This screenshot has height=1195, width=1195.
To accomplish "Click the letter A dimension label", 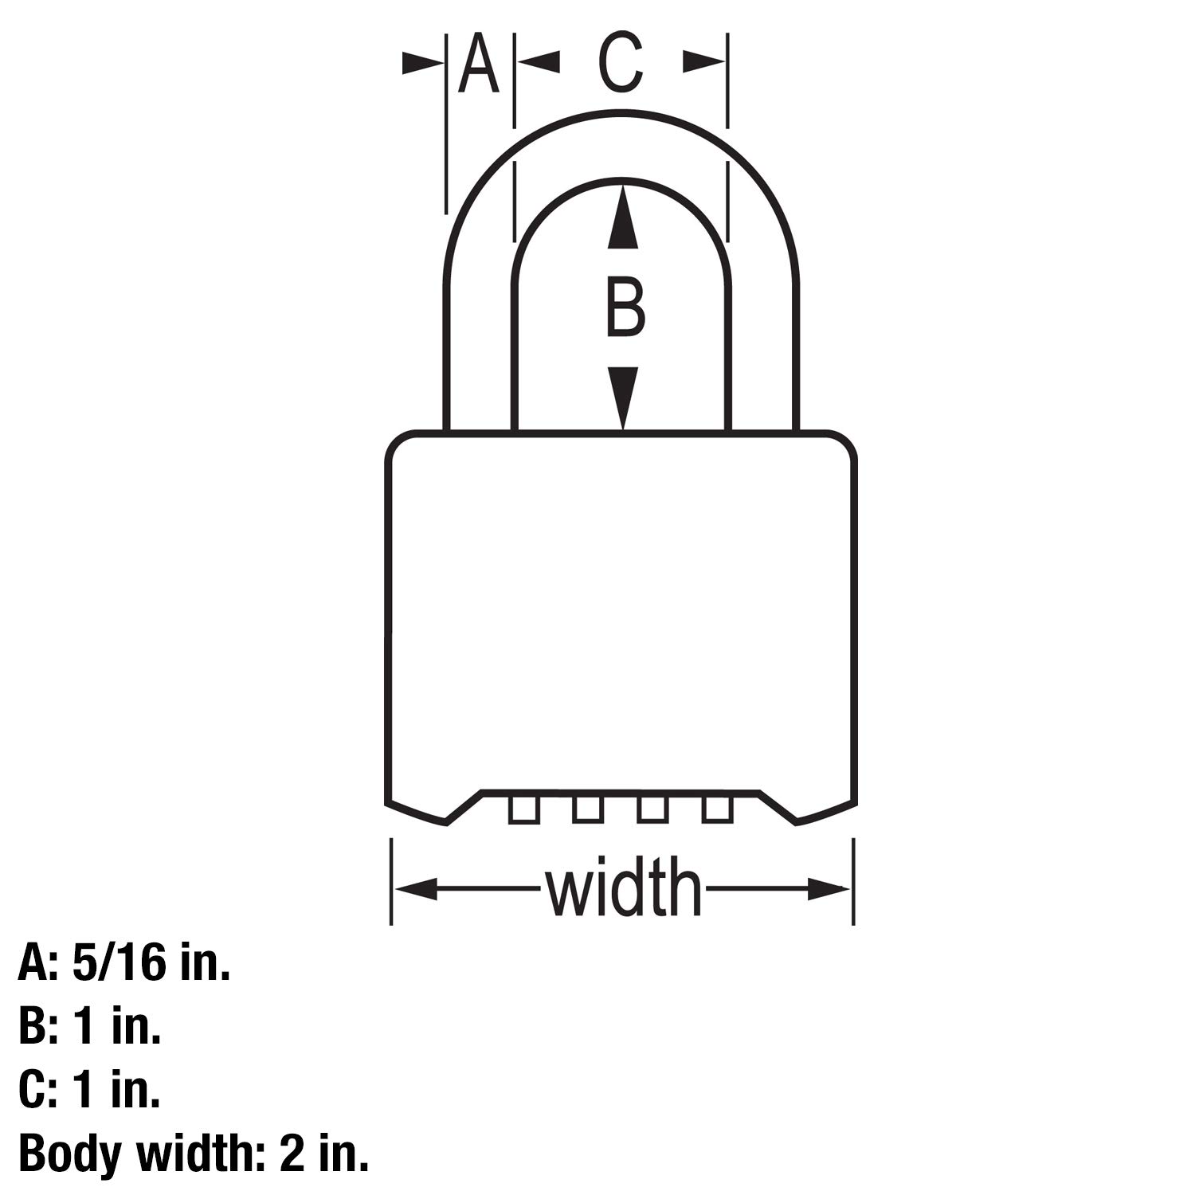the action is pos(479,64).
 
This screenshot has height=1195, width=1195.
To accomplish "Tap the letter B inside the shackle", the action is pos(625,307).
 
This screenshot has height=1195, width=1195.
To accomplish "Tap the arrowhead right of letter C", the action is pos(703,62).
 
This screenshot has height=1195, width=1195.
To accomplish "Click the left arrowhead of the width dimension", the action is pos(417,889).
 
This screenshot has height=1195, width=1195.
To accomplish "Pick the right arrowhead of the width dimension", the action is pos(828,889).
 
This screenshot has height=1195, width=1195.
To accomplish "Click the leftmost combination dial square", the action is pos(523,809).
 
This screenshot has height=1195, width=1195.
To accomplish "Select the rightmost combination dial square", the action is pos(716,809).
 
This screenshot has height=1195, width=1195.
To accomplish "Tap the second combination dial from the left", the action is pos(587,809).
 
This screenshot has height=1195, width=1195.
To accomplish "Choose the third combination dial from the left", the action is pos(652,809).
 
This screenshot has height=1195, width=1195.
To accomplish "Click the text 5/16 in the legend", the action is pos(119,965).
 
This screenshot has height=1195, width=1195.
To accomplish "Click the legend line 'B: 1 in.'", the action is pos(89,1027).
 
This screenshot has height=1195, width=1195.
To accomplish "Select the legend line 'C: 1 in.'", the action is pos(89,1090).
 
